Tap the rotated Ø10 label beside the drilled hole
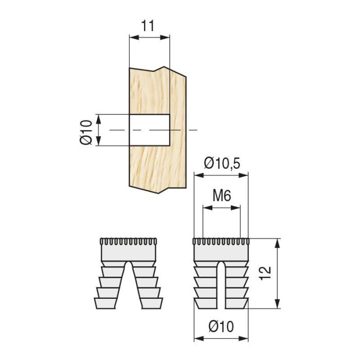click(86, 131)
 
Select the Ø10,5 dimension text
click(223, 164)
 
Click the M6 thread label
click(222, 196)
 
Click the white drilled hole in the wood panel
click(149, 130)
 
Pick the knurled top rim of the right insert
click(221, 242)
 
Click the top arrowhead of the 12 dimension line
click(278, 242)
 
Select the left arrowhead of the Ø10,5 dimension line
click(197, 175)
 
